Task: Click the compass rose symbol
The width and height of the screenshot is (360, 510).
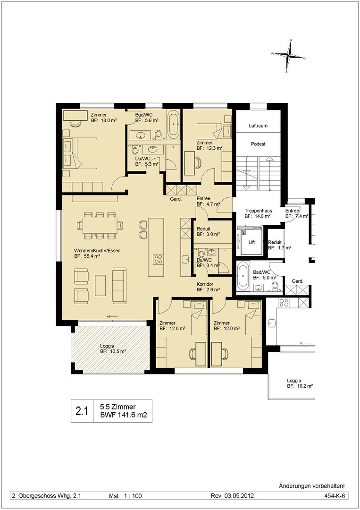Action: [x=289, y=56]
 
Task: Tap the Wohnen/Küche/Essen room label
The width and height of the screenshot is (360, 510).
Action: [x=98, y=250]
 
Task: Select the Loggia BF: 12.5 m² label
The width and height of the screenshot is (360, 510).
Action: [x=113, y=348]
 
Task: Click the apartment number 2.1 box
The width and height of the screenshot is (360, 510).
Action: [x=82, y=411]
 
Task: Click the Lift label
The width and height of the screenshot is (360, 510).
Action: [x=251, y=242]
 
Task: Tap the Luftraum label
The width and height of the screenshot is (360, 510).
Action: [x=258, y=126]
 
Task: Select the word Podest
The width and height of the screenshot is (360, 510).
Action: [x=258, y=144]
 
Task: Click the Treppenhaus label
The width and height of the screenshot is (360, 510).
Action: [x=258, y=211]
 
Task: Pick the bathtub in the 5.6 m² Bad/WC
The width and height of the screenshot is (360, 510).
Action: [x=173, y=124]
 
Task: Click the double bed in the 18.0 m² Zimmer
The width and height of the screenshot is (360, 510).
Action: [x=80, y=153]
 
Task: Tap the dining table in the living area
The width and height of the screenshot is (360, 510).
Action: [x=100, y=225]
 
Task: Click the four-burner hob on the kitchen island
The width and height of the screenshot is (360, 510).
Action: [x=159, y=259]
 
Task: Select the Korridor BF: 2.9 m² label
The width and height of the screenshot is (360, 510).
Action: [x=208, y=287]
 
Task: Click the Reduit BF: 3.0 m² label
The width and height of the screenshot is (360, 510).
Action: [x=208, y=231]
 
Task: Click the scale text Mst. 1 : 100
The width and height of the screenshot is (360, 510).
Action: [x=126, y=496]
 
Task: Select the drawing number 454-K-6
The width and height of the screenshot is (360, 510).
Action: [x=334, y=496]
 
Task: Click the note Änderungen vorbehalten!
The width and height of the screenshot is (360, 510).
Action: [x=312, y=486]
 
